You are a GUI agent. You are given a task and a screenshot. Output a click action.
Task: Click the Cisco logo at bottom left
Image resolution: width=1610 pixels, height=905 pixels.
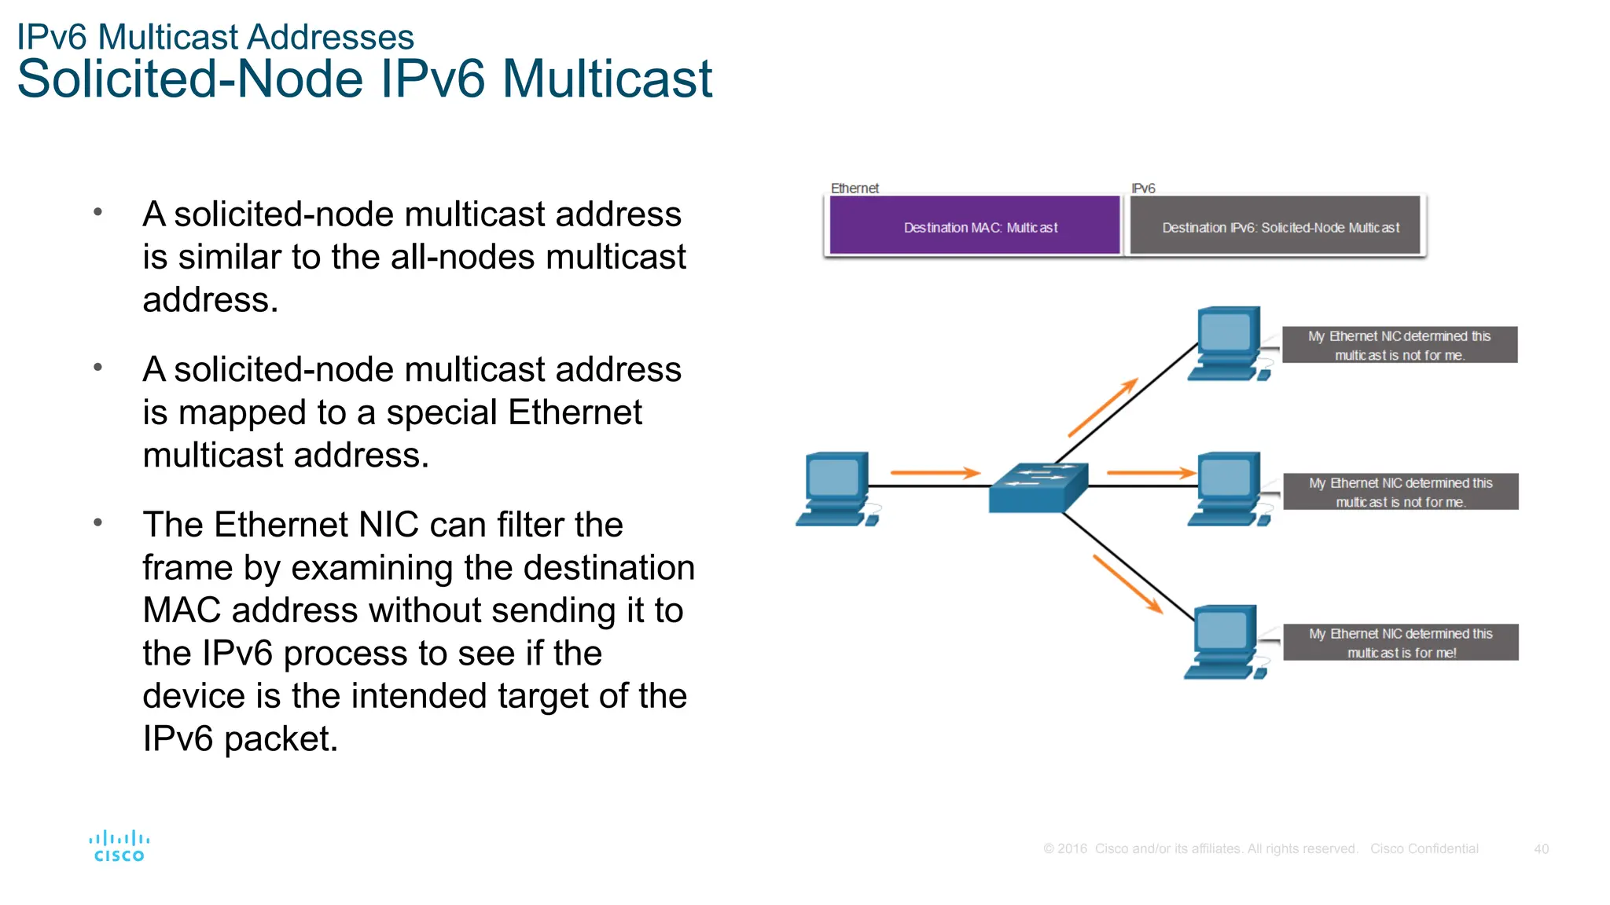click(x=119, y=846)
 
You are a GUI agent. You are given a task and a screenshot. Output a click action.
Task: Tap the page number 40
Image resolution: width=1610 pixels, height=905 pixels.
click(x=1541, y=848)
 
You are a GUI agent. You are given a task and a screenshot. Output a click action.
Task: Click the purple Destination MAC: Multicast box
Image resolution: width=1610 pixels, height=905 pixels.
click(x=975, y=226)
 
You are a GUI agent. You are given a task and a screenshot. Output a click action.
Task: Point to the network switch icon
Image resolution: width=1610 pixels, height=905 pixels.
click(x=1038, y=487)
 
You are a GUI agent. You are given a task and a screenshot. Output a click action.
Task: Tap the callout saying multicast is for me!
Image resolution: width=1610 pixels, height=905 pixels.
click(x=1401, y=643)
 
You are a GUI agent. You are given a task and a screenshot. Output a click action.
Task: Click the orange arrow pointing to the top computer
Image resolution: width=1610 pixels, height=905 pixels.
click(x=1103, y=407)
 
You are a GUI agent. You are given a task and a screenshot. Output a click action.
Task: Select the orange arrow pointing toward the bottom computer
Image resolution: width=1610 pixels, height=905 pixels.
click(x=1127, y=584)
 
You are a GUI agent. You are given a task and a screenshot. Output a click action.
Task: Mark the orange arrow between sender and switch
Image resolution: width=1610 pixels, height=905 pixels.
click(x=935, y=473)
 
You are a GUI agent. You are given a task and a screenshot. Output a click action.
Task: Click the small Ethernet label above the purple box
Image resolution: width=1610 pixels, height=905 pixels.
click(x=855, y=189)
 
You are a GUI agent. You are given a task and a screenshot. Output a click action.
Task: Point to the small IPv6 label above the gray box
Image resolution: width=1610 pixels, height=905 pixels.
click(x=1143, y=189)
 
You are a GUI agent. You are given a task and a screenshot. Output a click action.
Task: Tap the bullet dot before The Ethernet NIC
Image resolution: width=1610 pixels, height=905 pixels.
click(x=98, y=522)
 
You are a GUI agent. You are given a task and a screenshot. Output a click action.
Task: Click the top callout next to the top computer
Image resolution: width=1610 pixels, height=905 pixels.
click(x=1399, y=345)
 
